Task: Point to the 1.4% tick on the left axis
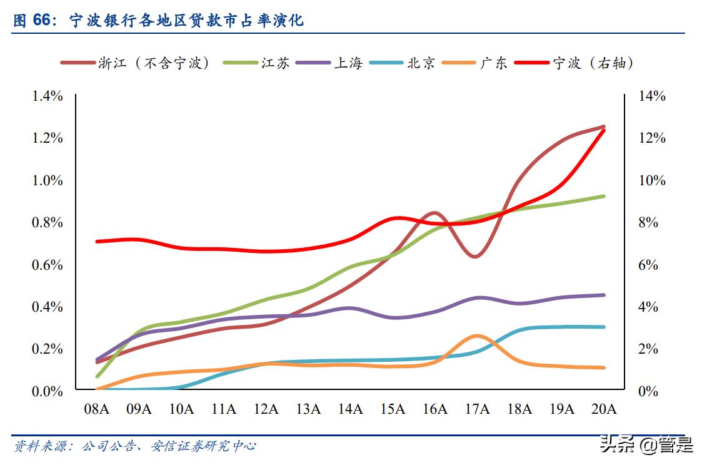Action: click(x=48, y=96)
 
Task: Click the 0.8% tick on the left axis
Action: click(x=48, y=223)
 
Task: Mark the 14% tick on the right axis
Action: click(x=651, y=96)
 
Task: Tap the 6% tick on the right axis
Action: click(x=648, y=265)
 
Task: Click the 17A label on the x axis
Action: click(x=477, y=409)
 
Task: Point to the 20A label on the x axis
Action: click(x=604, y=409)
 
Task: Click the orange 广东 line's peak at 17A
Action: click(x=477, y=336)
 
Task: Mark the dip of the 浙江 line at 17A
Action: click(x=476, y=257)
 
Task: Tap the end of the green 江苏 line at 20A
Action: click(x=604, y=196)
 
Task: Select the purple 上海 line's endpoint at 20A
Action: click(x=604, y=295)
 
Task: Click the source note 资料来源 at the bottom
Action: click(x=135, y=446)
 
